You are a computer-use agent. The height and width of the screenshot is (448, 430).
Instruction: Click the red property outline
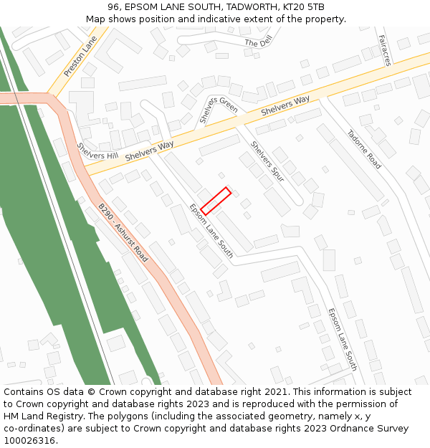215,201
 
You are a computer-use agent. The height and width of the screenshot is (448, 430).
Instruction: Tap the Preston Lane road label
80,57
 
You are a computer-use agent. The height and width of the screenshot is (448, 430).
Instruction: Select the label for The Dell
259,43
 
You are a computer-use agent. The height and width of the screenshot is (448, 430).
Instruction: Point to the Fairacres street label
384,50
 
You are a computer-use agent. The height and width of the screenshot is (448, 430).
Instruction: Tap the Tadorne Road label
364,149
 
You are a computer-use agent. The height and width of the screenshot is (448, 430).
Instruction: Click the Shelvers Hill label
97,151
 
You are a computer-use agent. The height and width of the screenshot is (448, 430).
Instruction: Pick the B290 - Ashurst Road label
123,233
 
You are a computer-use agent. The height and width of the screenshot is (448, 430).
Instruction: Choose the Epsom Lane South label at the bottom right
342,339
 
